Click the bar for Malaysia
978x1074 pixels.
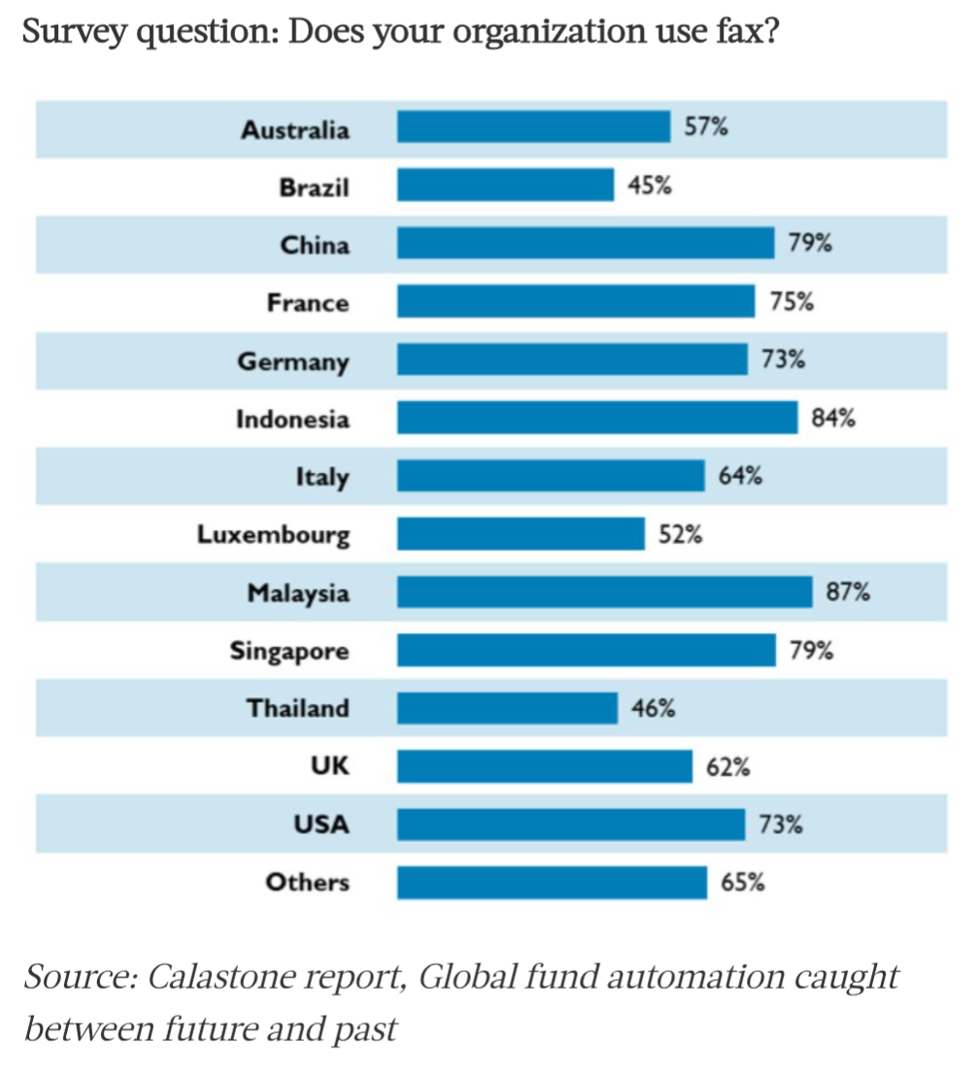coord(604,591)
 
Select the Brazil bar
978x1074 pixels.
coord(505,185)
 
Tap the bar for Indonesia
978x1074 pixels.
coord(596,419)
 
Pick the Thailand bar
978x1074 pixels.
coord(507,708)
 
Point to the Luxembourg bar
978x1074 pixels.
coord(521,534)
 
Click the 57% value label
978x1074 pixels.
coord(706,126)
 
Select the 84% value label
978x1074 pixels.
coord(833,419)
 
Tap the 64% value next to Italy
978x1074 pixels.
coord(740,476)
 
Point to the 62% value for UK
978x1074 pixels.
coord(727,766)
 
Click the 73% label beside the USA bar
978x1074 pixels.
coord(780,824)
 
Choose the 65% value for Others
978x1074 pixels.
coord(742,883)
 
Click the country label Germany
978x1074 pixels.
coord(293,362)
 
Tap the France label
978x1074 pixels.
coord(307,303)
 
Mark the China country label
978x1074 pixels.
coord(315,245)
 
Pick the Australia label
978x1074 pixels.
coord(295,129)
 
